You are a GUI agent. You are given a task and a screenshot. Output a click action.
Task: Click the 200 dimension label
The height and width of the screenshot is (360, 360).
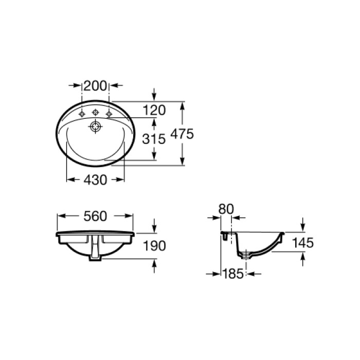(96, 86)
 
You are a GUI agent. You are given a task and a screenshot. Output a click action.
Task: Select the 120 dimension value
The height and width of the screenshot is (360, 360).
(154, 110)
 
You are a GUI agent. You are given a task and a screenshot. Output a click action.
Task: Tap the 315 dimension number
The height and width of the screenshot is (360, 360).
(154, 139)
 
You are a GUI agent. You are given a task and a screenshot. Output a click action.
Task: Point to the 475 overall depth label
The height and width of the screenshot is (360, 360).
(182, 134)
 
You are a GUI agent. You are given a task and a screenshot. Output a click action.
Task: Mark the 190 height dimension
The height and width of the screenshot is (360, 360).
(155, 246)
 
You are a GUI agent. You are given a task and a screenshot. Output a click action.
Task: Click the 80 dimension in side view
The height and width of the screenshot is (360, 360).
(226, 209)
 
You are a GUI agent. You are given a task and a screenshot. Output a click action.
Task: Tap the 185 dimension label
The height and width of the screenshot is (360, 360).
(233, 274)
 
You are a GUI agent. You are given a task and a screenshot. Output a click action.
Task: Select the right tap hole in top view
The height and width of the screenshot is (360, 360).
(109, 113)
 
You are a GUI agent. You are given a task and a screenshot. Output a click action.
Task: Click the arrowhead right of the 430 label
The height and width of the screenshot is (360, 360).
(120, 179)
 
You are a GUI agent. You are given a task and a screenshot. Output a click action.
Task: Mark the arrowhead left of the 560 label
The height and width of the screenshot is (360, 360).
(61, 217)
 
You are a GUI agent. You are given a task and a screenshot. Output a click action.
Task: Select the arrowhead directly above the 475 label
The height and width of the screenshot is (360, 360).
(182, 105)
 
